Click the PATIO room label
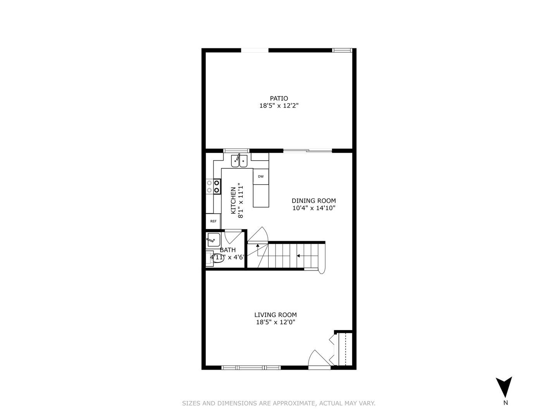click(x=279, y=98)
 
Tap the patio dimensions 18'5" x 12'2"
click(x=279, y=106)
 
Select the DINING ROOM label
click(x=313, y=200)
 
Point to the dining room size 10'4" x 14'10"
click(x=313, y=208)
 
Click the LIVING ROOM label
click(x=276, y=315)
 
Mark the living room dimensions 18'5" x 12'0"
click(x=276, y=322)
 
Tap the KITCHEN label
click(x=233, y=200)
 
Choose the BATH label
click(x=227, y=250)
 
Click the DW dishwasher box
click(x=261, y=176)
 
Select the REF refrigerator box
click(x=213, y=221)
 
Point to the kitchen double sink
click(x=239, y=161)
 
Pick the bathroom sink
click(x=213, y=240)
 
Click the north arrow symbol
click(x=504, y=386)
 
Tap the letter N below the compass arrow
click(x=505, y=403)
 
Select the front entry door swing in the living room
click(x=319, y=358)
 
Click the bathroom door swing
click(x=234, y=236)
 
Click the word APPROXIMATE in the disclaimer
click(x=294, y=403)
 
